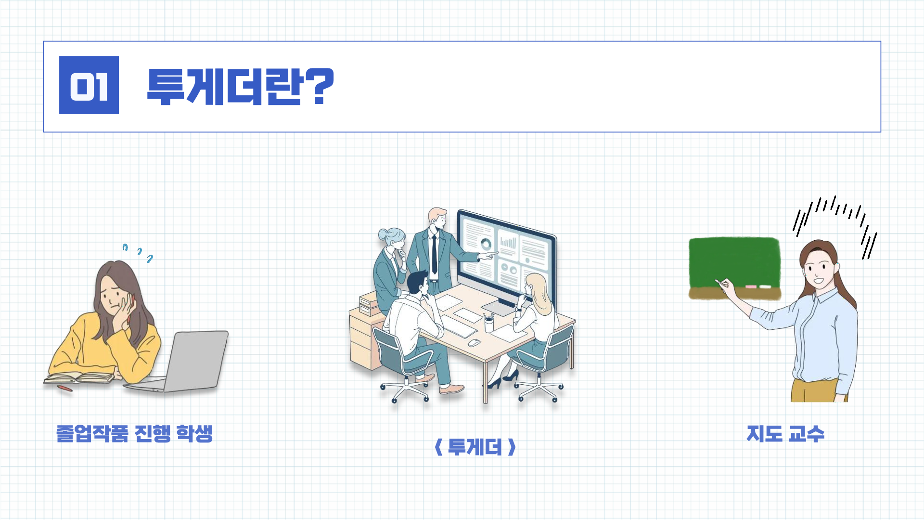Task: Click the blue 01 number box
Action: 89,85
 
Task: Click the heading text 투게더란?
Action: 240,86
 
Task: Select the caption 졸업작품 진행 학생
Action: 135,433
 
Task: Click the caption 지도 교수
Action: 785,433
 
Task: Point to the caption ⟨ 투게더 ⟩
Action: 475,447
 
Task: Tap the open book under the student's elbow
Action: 80,378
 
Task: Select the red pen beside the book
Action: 64,388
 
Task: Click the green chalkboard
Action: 734,268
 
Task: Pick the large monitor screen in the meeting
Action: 506,260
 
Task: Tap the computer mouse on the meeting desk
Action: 474,343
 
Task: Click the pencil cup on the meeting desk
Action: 489,323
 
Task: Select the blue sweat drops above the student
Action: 138,253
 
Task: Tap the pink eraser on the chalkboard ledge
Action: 751,287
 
